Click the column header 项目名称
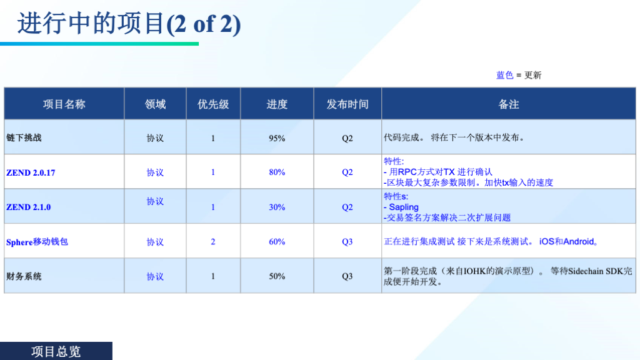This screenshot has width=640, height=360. (64, 104)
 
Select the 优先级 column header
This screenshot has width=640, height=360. (213, 104)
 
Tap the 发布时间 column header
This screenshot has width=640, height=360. (347, 104)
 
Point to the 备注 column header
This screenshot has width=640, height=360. (509, 104)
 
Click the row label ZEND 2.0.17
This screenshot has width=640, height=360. (31, 172)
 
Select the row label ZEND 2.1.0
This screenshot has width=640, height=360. (29, 207)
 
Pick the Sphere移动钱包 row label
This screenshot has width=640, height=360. (37, 242)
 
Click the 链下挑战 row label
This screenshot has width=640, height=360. (24, 138)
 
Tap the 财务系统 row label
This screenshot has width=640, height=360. (24, 277)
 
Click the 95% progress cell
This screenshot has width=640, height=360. (277, 138)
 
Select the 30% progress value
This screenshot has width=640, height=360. (277, 207)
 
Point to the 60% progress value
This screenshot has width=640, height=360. (277, 242)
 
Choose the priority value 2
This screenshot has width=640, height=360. (213, 242)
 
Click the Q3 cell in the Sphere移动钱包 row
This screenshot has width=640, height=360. (347, 242)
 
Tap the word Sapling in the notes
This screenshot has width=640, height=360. (404, 207)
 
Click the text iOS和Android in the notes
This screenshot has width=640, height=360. (566, 242)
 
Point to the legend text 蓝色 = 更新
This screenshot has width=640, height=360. (519, 75)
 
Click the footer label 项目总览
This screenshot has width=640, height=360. (56, 351)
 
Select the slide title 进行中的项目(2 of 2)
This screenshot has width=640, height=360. (129, 24)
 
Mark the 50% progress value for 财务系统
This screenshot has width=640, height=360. (277, 276)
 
